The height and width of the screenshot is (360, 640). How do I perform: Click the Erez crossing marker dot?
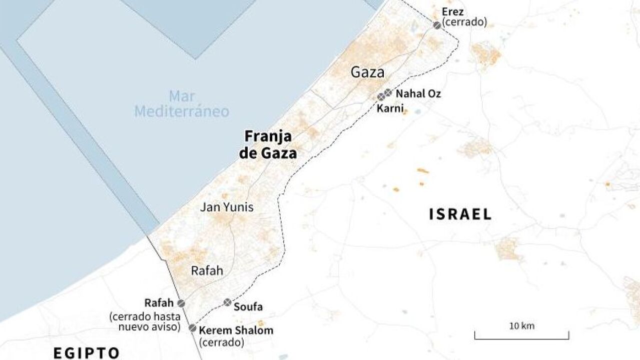(437, 25)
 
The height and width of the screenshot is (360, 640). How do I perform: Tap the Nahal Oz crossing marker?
(388, 92)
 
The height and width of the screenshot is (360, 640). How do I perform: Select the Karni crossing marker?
(381, 97)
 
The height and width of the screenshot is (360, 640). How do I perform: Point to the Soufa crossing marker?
(228, 302)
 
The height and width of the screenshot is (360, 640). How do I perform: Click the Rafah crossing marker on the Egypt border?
(181, 303)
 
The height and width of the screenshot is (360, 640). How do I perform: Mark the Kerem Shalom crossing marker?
(192, 328)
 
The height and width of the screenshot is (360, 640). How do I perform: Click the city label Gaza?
(367, 72)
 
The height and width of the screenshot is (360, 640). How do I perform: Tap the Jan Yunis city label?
(227, 207)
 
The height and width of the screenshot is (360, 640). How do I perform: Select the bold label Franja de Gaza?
(268, 145)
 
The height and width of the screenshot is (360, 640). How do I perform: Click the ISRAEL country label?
(460, 214)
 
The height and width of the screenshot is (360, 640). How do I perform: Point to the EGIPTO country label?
(87, 353)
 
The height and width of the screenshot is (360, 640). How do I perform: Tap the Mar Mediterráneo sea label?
(181, 103)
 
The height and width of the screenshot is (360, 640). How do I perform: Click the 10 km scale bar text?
(522, 326)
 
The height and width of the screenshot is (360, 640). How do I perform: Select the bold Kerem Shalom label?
(236, 330)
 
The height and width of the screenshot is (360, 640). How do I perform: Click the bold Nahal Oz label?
(418, 93)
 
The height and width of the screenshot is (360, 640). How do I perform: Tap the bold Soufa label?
(248, 307)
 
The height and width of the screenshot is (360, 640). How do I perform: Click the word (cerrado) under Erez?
(464, 22)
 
